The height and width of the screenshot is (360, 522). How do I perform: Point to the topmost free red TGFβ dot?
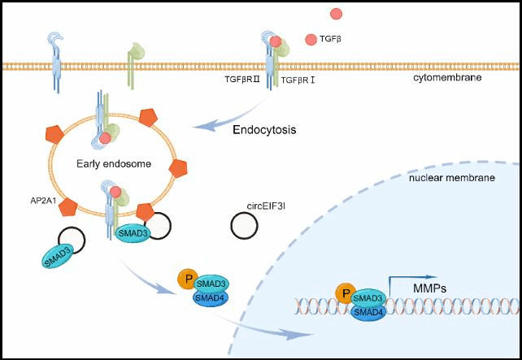336,13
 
